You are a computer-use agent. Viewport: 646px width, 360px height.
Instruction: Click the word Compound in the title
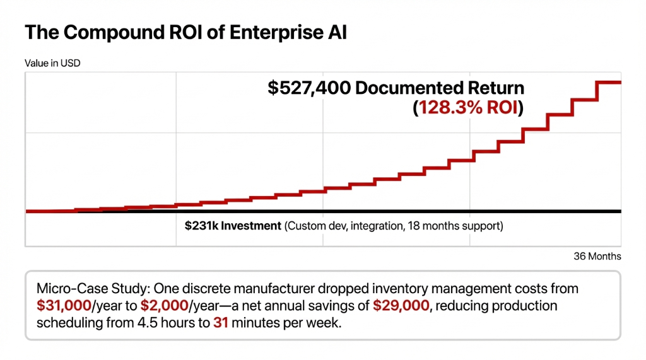pyautogui.click(x=105, y=32)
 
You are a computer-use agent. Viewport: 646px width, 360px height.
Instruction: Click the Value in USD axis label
pyautogui.click(x=52, y=63)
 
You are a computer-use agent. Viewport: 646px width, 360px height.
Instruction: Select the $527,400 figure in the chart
pyautogui.click(x=309, y=88)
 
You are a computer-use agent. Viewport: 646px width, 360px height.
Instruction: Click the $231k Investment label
pyautogui.click(x=233, y=226)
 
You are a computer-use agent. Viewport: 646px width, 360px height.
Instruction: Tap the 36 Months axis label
pyautogui.click(x=597, y=256)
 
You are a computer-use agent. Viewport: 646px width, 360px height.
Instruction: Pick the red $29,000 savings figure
pyautogui.click(x=397, y=306)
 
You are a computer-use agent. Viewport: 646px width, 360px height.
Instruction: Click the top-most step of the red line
pyautogui.click(x=609, y=82)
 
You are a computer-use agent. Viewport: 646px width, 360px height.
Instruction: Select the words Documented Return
pyautogui.click(x=440, y=88)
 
